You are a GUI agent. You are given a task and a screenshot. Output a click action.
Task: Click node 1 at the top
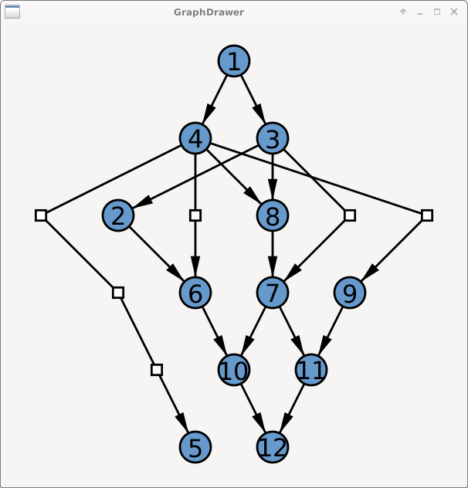[x=234, y=61]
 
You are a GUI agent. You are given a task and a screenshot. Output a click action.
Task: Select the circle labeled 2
[x=118, y=215]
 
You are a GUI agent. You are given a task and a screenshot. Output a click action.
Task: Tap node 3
[x=273, y=138]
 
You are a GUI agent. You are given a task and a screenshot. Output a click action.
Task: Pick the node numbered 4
[x=195, y=138]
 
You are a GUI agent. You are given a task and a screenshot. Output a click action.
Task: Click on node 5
[x=195, y=447]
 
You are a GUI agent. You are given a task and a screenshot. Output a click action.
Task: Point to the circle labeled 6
[x=195, y=293]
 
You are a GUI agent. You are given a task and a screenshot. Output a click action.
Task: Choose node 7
[x=273, y=293]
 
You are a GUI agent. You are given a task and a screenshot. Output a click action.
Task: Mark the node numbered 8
[x=273, y=215]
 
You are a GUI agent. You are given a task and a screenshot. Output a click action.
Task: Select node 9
[x=350, y=293]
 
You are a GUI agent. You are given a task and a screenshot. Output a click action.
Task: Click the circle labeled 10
[x=234, y=370]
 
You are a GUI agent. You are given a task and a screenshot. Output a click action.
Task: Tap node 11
[x=311, y=370]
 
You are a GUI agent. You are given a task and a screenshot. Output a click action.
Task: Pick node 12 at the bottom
[x=273, y=447]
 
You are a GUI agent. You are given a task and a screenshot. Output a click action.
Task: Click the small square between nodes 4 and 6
[x=195, y=215]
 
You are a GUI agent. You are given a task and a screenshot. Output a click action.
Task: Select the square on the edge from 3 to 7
[x=350, y=215]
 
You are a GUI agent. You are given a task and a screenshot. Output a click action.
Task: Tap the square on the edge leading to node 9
[x=427, y=215]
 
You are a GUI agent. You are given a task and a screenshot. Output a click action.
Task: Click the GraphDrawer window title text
[x=209, y=12]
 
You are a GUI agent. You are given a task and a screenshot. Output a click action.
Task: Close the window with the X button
[x=454, y=12]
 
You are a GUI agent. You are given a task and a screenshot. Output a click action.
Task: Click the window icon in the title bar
[x=12, y=12]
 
